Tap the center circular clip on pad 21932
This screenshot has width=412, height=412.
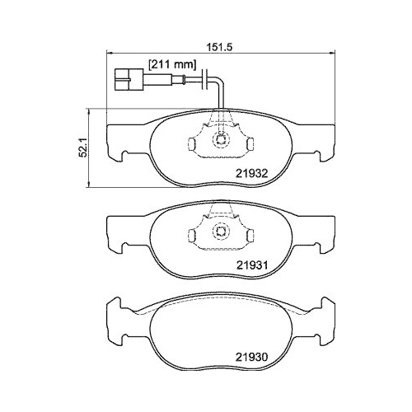[x=220, y=141]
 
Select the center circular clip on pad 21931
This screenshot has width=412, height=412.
[x=220, y=235]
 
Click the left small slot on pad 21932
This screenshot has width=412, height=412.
[x=190, y=145]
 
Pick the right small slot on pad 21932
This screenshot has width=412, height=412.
[x=250, y=145]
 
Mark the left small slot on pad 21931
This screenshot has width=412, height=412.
[x=190, y=239]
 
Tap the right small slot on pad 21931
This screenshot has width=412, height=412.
[x=250, y=239]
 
